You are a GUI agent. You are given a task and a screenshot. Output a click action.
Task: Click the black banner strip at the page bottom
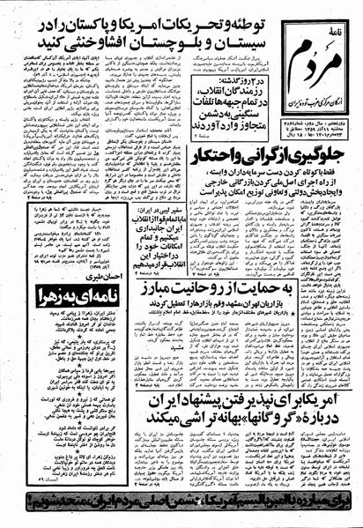(181, 509)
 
